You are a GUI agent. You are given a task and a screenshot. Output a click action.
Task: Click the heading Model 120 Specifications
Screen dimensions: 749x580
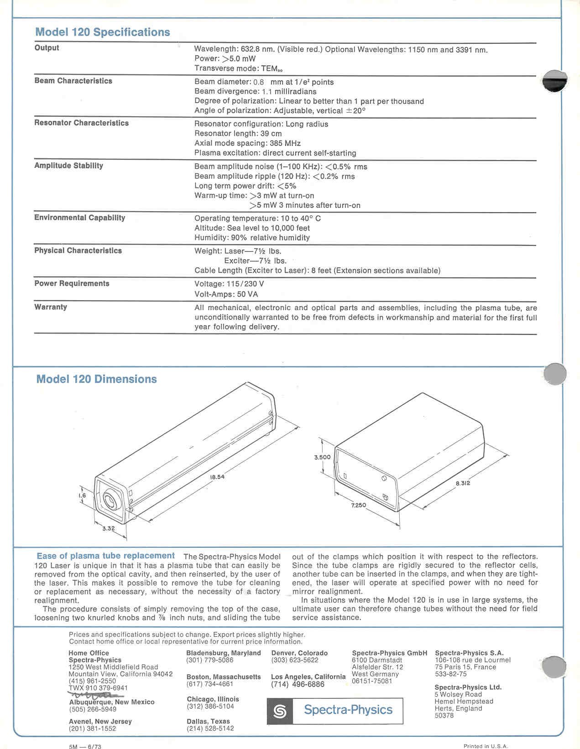(x=102, y=32)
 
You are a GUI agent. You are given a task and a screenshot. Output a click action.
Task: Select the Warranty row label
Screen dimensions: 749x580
(x=51, y=307)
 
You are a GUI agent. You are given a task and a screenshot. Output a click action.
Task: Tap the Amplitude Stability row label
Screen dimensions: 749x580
(x=68, y=166)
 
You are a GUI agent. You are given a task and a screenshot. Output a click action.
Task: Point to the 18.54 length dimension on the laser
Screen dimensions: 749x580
(x=217, y=477)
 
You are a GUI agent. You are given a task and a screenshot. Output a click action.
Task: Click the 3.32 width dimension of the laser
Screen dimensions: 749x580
(x=108, y=529)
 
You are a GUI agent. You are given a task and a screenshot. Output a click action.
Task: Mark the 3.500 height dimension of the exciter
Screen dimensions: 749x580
(x=322, y=457)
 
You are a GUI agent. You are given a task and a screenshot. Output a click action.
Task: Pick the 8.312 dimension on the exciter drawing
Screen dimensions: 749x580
(x=462, y=483)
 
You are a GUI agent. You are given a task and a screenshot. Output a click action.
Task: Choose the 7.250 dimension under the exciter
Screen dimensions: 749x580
(x=358, y=505)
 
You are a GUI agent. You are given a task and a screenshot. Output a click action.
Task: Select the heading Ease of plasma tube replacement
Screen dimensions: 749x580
(x=105, y=556)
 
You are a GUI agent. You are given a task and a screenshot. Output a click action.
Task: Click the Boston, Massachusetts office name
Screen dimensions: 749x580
(x=224, y=677)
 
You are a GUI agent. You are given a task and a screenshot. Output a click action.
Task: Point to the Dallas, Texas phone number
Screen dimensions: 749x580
(x=210, y=728)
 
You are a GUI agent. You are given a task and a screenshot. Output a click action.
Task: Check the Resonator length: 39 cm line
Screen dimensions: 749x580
(x=238, y=134)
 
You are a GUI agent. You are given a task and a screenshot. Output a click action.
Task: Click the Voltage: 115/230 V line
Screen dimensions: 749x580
(x=229, y=284)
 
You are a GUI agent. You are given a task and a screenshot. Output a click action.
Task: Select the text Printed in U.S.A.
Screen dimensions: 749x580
(x=485, y=746)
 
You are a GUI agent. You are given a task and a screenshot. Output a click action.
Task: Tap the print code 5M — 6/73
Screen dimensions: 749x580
(x=85, y=747)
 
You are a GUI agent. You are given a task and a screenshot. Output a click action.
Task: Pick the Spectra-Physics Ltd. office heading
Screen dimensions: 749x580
(x=468, y=687)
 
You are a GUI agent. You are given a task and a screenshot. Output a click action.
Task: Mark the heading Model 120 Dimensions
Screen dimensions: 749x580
(x=96, y=379)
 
